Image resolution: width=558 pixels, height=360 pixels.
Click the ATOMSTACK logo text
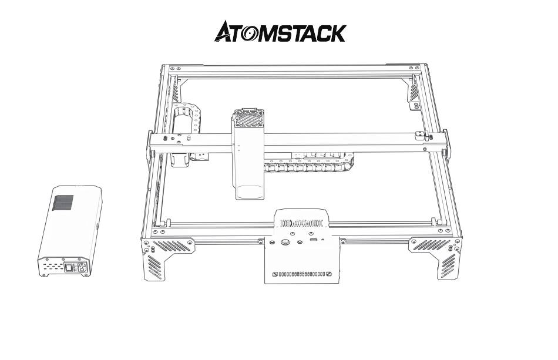click(x=280, y=31)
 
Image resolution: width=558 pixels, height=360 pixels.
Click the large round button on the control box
click(x=285, y=243)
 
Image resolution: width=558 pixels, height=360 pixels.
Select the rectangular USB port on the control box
click(x=313, y=240)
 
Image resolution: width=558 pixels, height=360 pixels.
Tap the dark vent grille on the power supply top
click(x=63, y=203)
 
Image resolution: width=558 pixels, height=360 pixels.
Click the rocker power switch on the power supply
click(x=69, y=267)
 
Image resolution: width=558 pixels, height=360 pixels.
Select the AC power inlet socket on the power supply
click(x=82, y=267)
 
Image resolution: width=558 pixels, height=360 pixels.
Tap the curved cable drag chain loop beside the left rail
click(x=187, y=133)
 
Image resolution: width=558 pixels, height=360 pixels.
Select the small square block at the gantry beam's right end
click(x=421, y=135)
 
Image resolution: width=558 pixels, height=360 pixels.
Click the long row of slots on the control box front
click(x=302, y=274)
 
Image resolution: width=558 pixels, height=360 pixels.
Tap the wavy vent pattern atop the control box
click(x=301, y=223)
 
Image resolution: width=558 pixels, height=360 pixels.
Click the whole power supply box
click(x=70, y=231)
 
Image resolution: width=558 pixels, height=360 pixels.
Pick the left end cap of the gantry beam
click(x=150, y=146)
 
